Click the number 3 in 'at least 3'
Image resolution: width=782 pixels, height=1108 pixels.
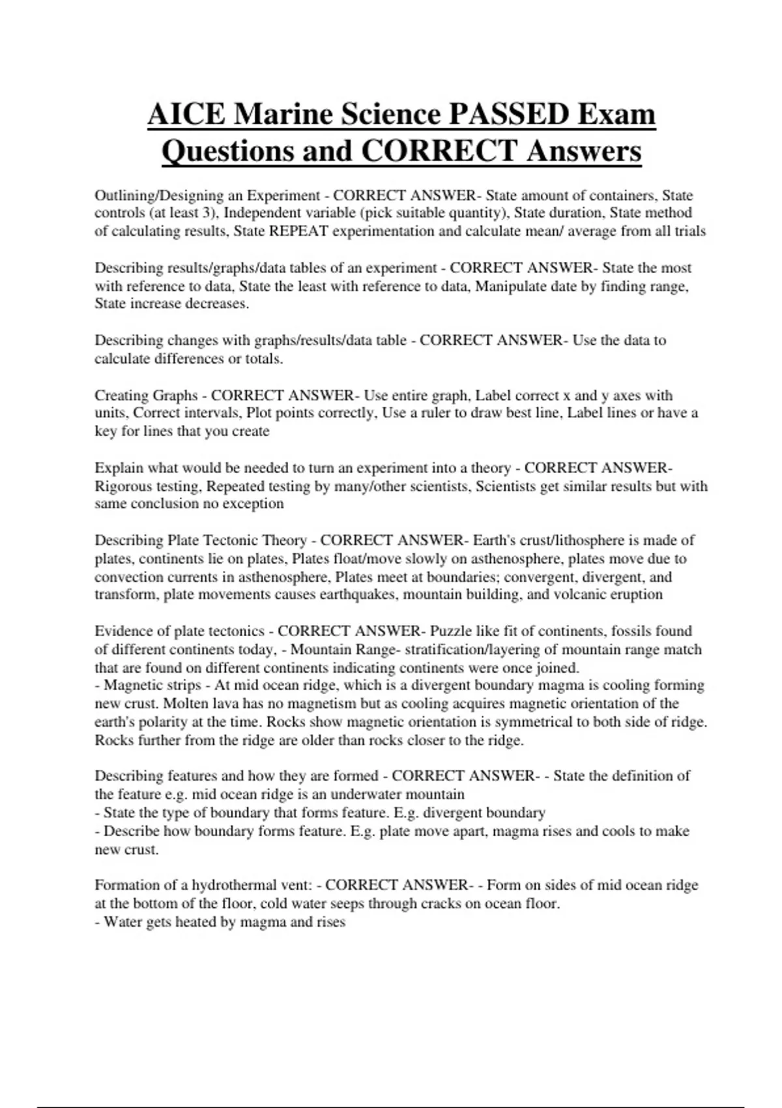[211, 213]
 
